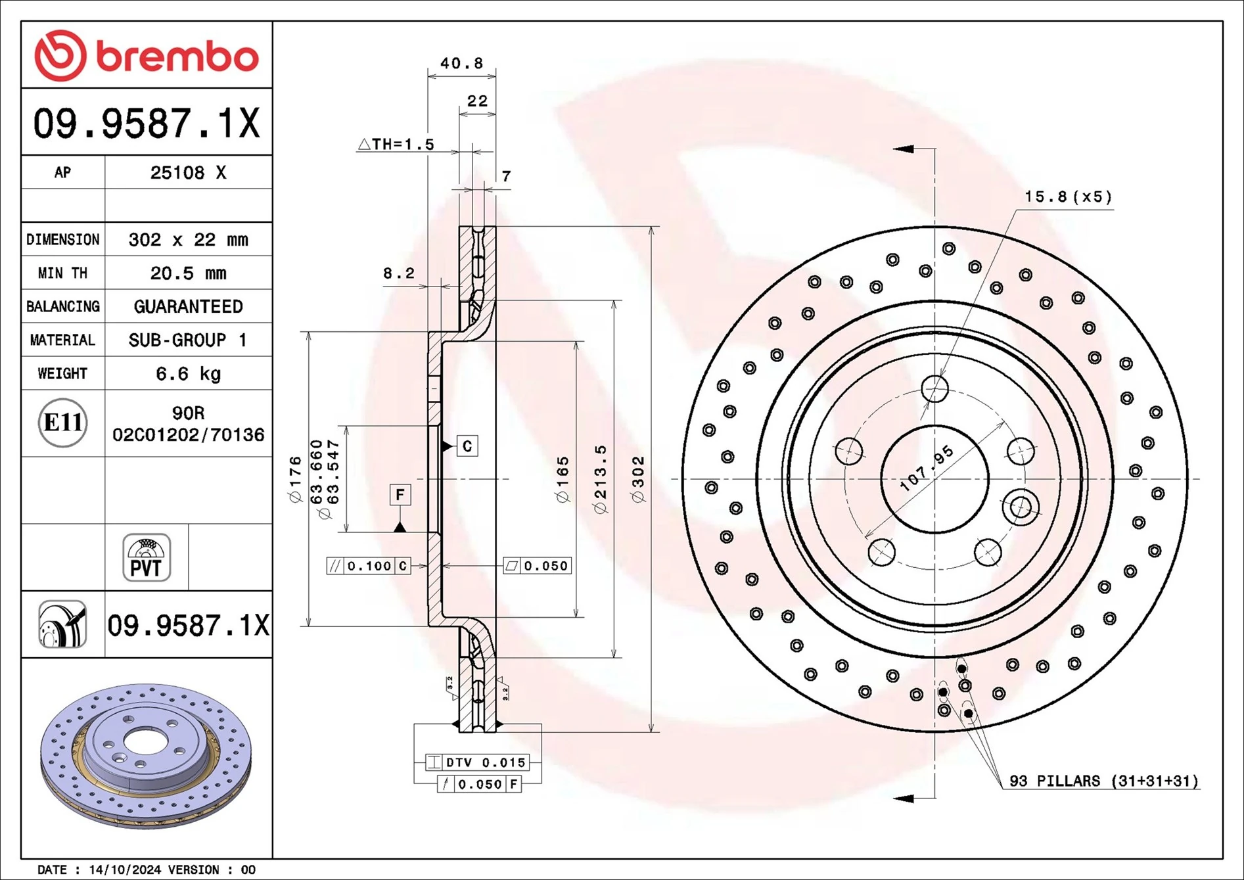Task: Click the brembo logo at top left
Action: [146, 56]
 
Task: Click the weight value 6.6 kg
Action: [188, 374]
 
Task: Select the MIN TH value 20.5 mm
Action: [188, 273]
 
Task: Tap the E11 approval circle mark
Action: [62, 423]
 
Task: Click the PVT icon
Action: [147, 557]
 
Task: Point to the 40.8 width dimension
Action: [461, 64]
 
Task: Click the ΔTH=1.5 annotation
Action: [396, 145]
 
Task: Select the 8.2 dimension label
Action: [399, 273]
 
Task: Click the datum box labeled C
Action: [467, 446]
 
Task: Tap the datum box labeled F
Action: [400, 494]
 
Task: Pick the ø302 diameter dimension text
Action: [638, 480]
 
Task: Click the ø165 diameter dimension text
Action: [563, 480]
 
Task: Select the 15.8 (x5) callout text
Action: [1068, 197]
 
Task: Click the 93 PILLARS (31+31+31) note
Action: [1103, 781]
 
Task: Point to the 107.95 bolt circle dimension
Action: [927, 469]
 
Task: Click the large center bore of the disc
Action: [934, 479]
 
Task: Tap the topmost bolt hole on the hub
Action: [934, 388]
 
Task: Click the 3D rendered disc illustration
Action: [146, 756]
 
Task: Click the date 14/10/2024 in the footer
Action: [125, 869]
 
